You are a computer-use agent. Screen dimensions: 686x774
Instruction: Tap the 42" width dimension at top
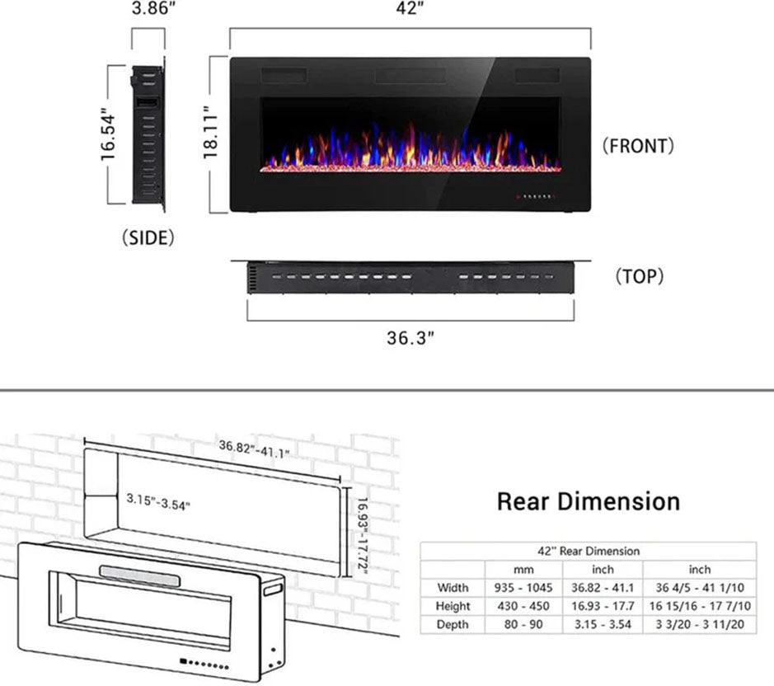tap(410, 11)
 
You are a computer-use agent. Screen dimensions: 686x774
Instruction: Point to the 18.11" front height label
tap(212, 134)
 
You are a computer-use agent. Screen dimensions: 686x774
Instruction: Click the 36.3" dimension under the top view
tap(410, 339)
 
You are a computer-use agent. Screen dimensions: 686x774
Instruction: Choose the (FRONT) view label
tap(638, 146)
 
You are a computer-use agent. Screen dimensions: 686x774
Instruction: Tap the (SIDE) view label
tap(148, 238)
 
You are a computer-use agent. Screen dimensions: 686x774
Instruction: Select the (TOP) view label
tap(640, 276)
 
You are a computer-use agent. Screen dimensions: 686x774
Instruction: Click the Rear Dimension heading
tap(589, 501)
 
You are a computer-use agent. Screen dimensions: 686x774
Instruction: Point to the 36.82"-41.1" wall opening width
tap(254, 450)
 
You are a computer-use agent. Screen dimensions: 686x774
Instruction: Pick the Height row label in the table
tap(453, 606)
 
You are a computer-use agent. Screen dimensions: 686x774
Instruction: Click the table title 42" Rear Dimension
tap(589, 551)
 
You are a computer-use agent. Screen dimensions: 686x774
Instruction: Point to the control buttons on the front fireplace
tap(537, 198)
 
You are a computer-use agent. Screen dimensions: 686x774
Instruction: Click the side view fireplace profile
tap(148, 134)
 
